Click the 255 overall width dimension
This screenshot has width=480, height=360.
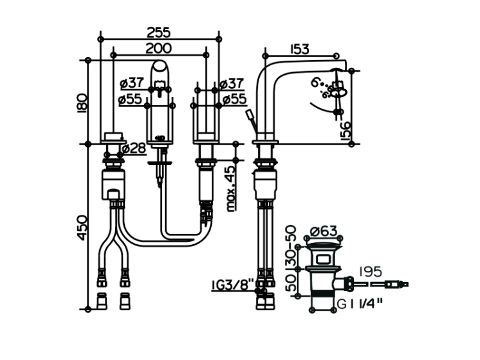point(159,31)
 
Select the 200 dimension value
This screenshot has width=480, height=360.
point(158,48)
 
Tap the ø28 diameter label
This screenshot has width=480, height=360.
point(134,148)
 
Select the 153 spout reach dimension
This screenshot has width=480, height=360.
point(300,49)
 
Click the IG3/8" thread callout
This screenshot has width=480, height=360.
point(233,283)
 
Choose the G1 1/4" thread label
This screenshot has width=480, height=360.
point(360,305)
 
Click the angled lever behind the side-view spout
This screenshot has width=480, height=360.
point(249,120)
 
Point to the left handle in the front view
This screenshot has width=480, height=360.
point(115,136)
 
